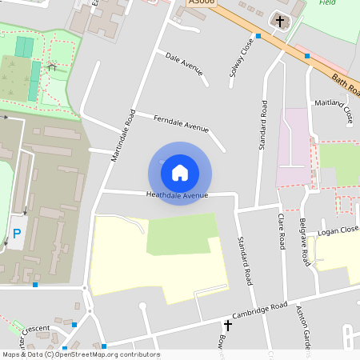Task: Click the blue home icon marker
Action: pyautogui.click(x=180, y=172)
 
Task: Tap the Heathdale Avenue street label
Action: pyautogui.click(x=177, y=195)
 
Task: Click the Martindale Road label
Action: pyautogui.click(x=121, y=136)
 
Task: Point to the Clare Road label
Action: pyautogui.click(x=282, y=231)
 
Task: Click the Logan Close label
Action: pyautogui.click(x=338, y=230)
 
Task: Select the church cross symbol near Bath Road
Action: pyautogui.click(x=280, y=20)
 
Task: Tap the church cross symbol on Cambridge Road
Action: pyautogui.click(x=228, y=326)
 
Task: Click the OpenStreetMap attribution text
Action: pyautogui.click(x=80, y=354)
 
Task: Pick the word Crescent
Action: pyautogui.click(x=35, y=329)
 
